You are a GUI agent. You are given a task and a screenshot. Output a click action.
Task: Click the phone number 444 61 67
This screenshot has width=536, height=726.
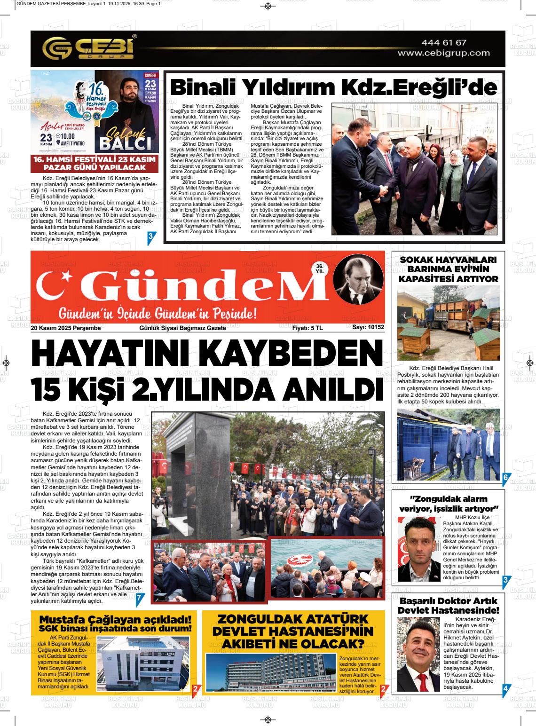point(444,43)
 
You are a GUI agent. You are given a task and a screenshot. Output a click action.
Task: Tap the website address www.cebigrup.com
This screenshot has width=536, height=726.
point(443,53)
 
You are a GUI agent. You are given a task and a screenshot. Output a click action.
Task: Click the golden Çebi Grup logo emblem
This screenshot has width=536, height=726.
point(55,48)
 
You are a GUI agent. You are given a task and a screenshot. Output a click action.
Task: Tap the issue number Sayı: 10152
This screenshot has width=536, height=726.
point(368,328)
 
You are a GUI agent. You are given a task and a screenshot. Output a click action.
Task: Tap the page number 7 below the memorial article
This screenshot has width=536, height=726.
point(139,598)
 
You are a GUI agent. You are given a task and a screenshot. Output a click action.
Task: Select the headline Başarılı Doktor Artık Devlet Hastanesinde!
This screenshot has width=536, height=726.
point(448,606)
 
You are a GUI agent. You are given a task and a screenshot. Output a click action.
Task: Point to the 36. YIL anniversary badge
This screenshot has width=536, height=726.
point(320,268)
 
